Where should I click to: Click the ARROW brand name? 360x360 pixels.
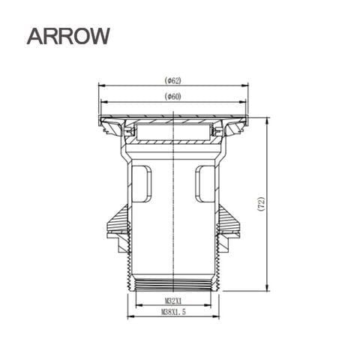67,35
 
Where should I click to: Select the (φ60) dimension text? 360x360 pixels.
175,96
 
